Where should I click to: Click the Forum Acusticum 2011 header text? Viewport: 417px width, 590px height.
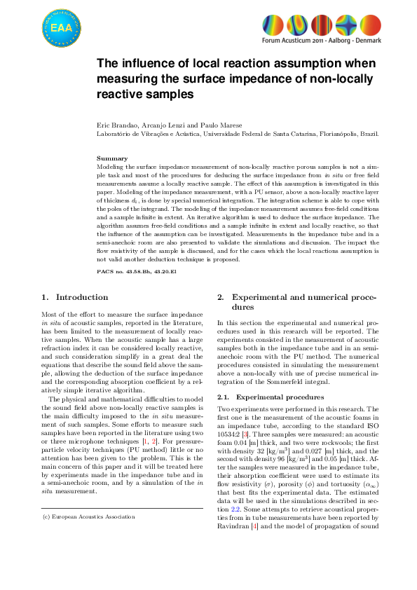322,43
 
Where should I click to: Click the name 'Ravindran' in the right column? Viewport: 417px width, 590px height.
231,544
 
